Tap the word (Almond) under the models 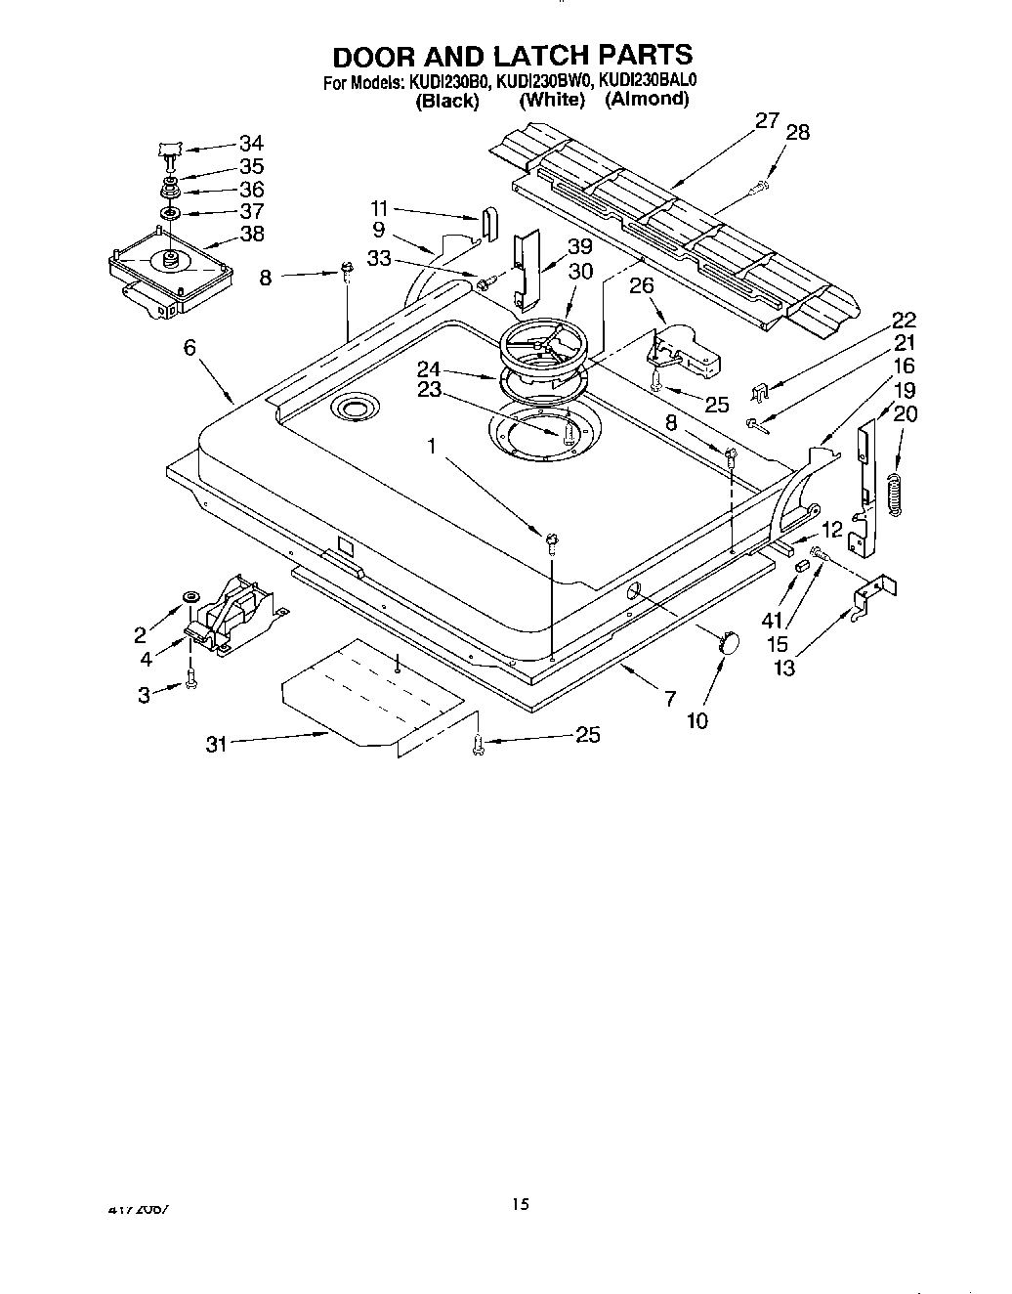coord(647,100)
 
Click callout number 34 coord(251,144)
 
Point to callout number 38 coord(251,235)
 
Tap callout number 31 coord(216,745)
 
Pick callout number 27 coord(767,120)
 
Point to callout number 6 coord(190,347)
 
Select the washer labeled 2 coord(190,598)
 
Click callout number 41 coord(773,621)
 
